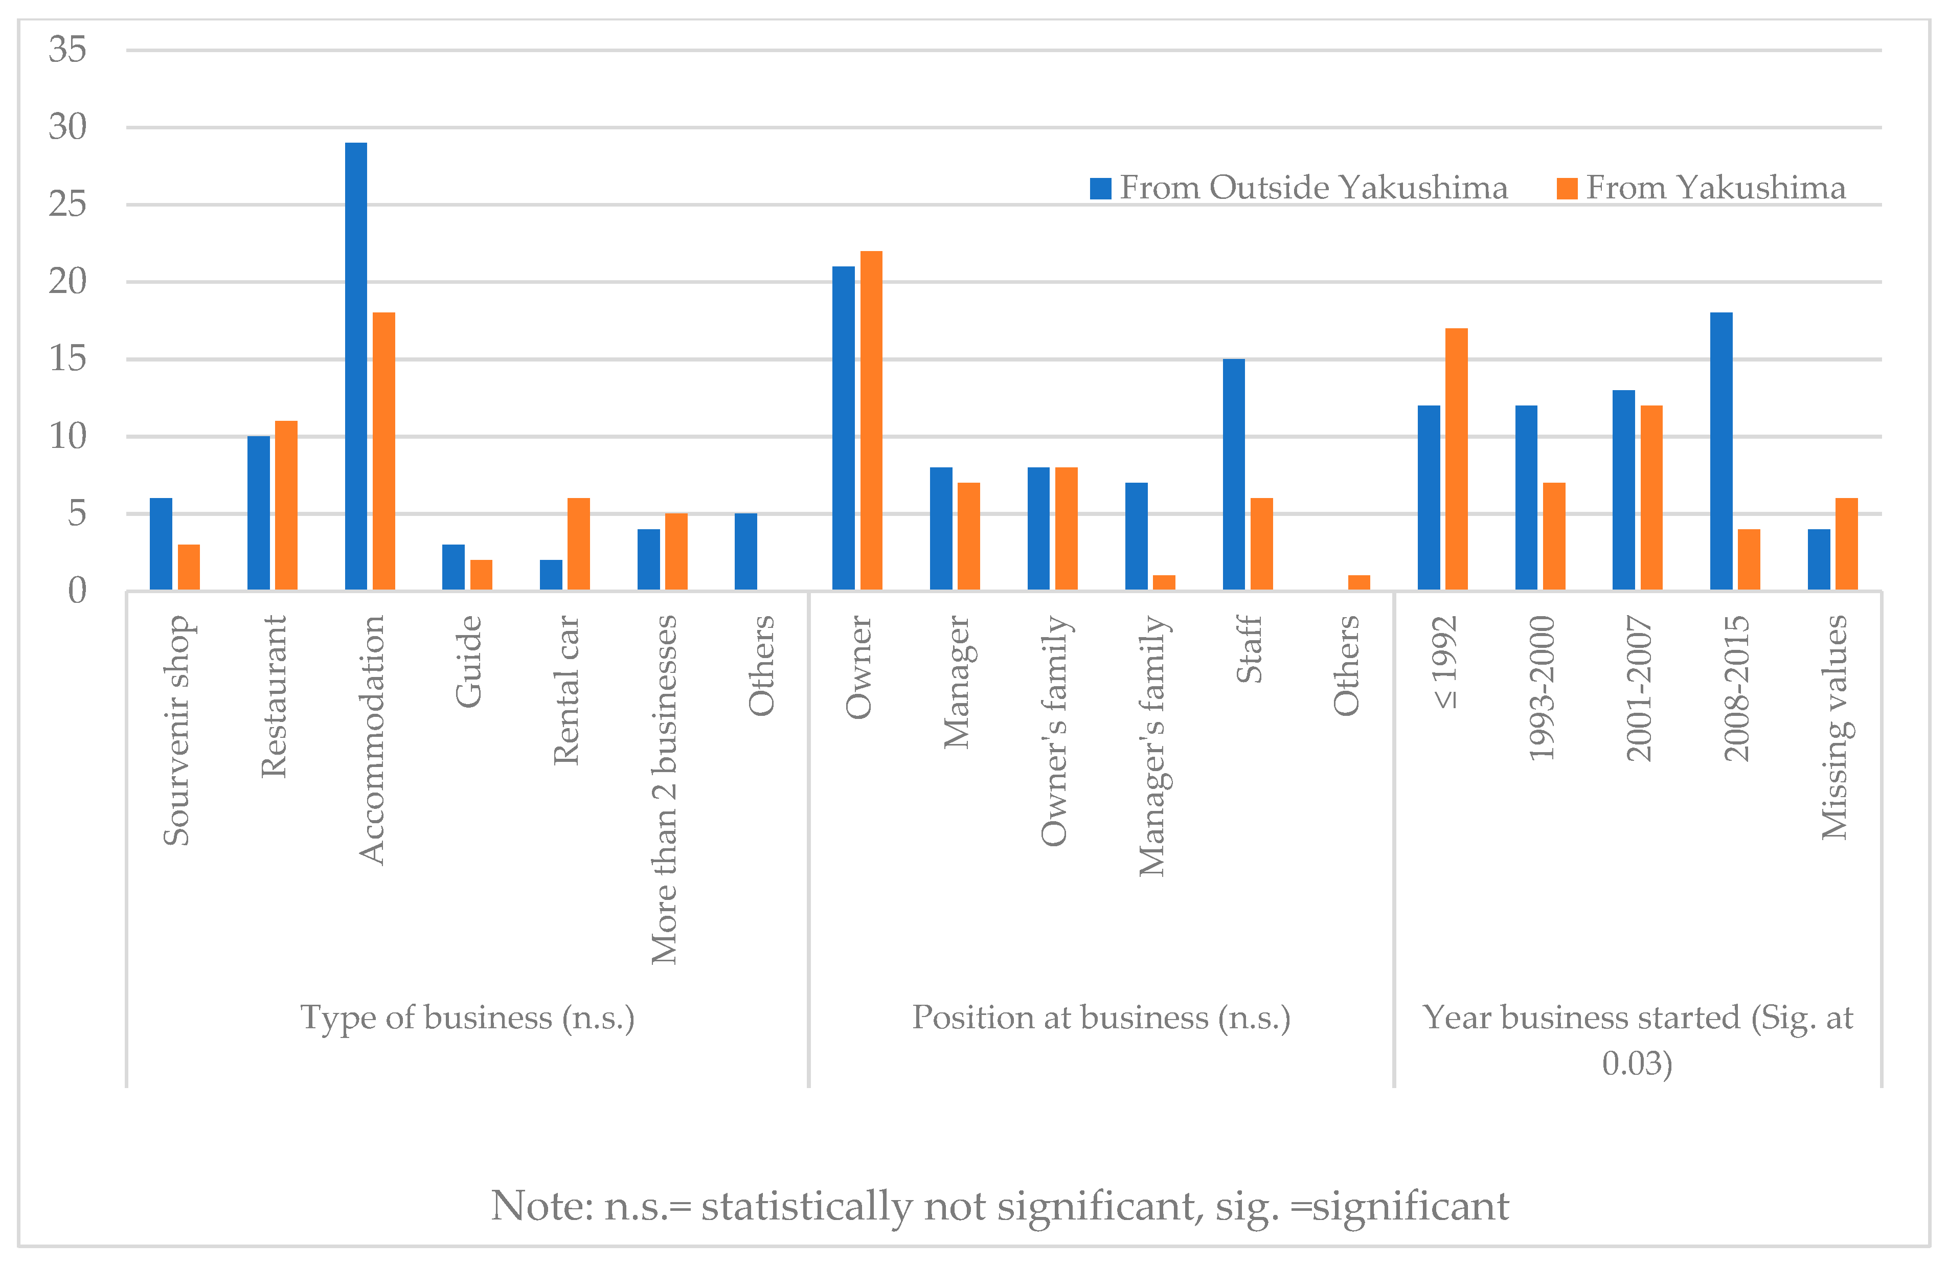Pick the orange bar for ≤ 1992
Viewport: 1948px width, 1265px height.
click(1456, 459)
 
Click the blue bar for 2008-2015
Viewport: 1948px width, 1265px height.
click(1722, 451)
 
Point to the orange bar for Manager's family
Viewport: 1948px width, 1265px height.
click(1164, 582)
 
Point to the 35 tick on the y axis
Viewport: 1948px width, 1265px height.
click(67, 50)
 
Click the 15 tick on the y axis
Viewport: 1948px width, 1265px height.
click(67, 358)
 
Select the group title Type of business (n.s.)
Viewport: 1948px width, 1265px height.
click(467, 1018)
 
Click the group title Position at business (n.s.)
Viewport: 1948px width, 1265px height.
click(1101, 1018)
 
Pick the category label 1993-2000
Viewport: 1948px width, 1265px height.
click(1541, 688)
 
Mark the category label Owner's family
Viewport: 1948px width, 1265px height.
click(1054, 730)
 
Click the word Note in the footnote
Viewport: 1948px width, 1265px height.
click(540, 1206)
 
